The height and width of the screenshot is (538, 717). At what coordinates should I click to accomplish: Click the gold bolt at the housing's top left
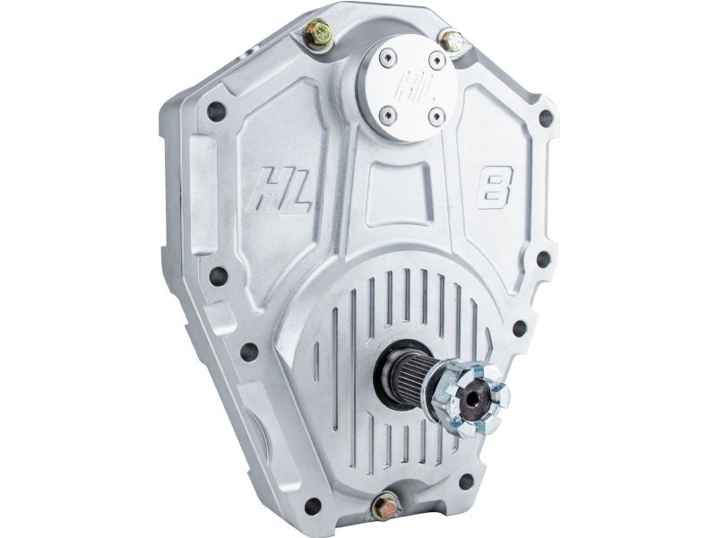coord(317,33)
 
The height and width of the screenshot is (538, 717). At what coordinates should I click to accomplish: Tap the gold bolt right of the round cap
coord(452,40)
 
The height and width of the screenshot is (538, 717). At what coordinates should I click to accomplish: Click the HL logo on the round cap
coord(409,87)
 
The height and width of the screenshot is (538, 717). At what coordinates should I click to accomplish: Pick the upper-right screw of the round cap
coord(437,59)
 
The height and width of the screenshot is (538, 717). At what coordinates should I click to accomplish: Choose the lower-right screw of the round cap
coord(436,117)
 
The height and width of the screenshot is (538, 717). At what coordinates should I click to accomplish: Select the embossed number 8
coord(495,187)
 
